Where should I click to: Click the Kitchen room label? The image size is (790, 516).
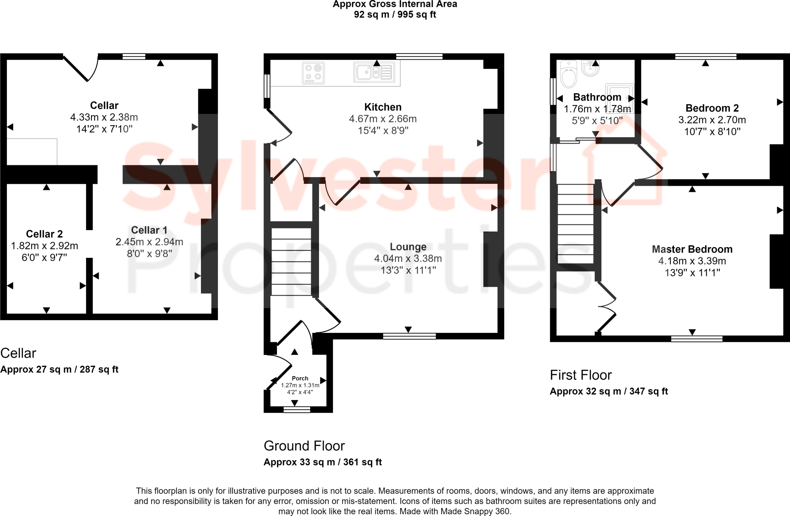[383, 107]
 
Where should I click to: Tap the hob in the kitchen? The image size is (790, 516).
[313, 73]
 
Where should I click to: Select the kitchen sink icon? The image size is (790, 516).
[374, 72]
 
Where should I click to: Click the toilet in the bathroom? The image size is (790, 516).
[568, 74]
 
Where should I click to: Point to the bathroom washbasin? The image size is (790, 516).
[590, 69]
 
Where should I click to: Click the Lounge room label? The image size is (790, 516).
[408, 247]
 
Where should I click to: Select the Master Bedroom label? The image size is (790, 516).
[692, 249]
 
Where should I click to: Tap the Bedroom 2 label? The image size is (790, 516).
[712, 108]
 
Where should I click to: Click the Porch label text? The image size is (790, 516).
[300, 378]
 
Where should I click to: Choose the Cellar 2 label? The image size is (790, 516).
[44, 234]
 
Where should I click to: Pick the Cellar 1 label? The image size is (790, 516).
[149, 230]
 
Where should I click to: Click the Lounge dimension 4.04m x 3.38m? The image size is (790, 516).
[408, 258]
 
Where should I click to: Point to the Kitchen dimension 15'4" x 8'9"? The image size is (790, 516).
[383, 131]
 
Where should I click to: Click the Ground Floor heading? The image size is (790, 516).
[304, 446]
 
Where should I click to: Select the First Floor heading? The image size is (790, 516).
[581, 375]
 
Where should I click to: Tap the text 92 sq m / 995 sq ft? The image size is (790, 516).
[395, 15]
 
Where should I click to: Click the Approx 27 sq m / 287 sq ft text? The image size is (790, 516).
[59, 370]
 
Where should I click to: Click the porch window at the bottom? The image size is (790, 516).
[297, 410]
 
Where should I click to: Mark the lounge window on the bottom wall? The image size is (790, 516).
[409, 336]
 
